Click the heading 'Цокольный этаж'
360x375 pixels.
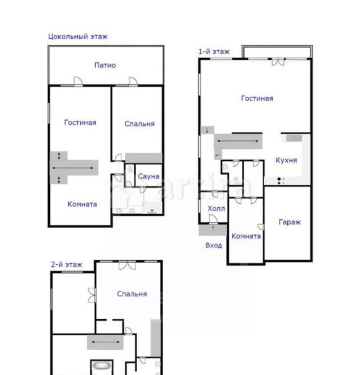click(x=78, y=36)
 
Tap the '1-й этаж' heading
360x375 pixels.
click(x=214, y=51)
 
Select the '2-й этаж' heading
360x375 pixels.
click(x=67, y=265)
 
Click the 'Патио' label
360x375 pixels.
click(x=105, y=65)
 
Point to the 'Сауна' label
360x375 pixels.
click(x=148, y=176)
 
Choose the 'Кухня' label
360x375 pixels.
click(x=286, y=160)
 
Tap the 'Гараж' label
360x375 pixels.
click(x=289, y=222)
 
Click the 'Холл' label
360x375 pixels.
click(x=216, y=209)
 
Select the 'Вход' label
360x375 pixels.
click(x=214, y=245)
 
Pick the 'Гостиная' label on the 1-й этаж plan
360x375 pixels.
click(x=257, y=99)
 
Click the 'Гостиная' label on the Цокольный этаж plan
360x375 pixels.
click(x=80, y=123)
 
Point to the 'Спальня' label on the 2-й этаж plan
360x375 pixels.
click(x=132, y=294)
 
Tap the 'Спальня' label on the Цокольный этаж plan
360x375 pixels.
click(x=139, y=124)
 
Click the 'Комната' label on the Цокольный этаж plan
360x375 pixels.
click(x=82, y=204)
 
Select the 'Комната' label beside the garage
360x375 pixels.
click(x=246, y=236)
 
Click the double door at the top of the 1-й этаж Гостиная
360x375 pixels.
click(x=278, y=62)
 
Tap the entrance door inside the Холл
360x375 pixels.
click(x=213, y=219)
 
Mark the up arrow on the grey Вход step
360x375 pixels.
click(x=213, y=228)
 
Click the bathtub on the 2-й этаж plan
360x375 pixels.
click(x=102, y=366)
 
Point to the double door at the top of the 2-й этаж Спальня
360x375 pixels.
click(x=127, y=265)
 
